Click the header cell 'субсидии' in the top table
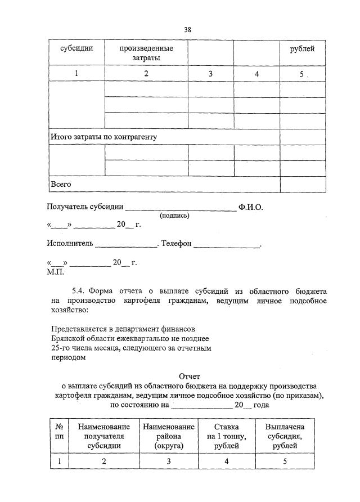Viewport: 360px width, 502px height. [76, 48]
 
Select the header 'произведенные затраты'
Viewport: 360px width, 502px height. [146, 53]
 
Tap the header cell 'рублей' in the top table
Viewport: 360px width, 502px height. [302, 48]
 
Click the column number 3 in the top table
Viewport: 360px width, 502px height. [210, 74]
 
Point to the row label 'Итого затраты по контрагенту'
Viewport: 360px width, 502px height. [103, 137]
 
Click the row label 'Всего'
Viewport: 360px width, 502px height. [61, 184]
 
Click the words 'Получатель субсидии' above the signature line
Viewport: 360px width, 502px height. [85, 207]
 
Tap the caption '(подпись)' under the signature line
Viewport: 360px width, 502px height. [175, 215]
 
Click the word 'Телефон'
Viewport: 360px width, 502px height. [178, 244]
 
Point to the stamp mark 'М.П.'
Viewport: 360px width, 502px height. [56, 271]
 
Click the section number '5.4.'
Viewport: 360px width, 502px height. [78, 292]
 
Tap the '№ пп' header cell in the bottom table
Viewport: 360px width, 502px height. [59, 437]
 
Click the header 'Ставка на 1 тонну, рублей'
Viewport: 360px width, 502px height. [227, 437]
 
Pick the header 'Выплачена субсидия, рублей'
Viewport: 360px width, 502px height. [285, 437]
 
